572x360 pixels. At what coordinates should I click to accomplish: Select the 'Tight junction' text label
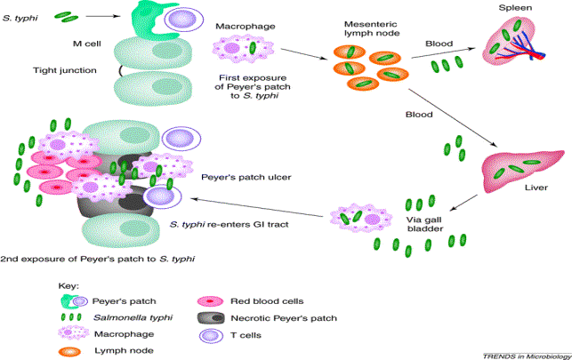pyautogui.click(x=63, y=68)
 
